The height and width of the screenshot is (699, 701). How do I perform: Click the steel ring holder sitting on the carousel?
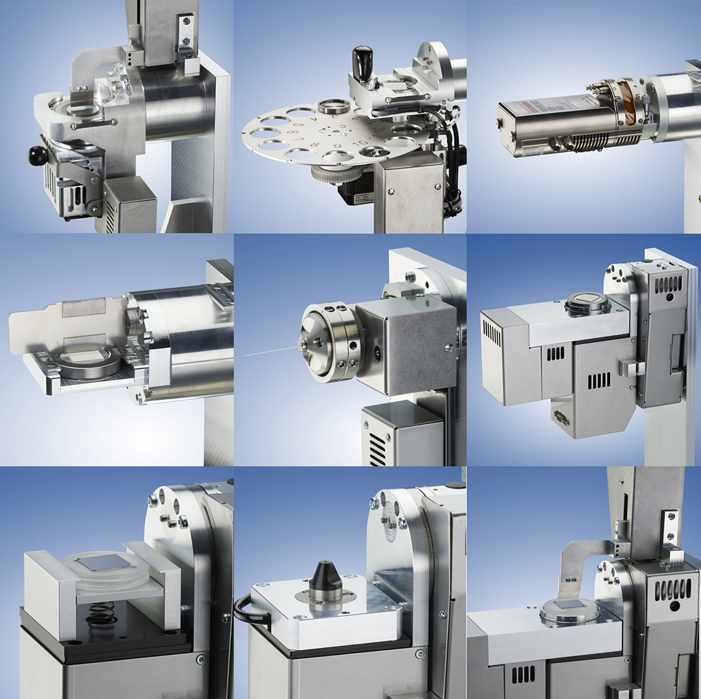[333, 105]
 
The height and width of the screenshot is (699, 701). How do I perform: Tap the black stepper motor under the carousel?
[348, 193]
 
